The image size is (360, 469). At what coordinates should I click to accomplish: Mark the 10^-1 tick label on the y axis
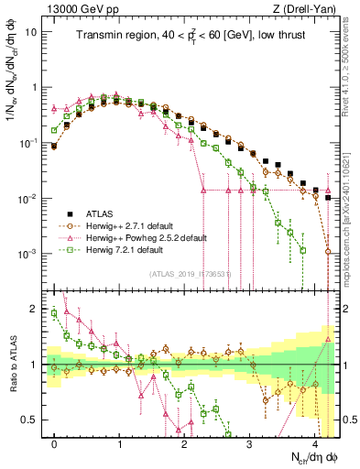click(x=29, y=143)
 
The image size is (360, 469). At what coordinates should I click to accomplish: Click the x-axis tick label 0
click(x=55, y=442)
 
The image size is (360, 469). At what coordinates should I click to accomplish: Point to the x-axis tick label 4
click(x=314, y=442)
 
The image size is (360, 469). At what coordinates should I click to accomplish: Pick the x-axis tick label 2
click(x=184, y=442)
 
